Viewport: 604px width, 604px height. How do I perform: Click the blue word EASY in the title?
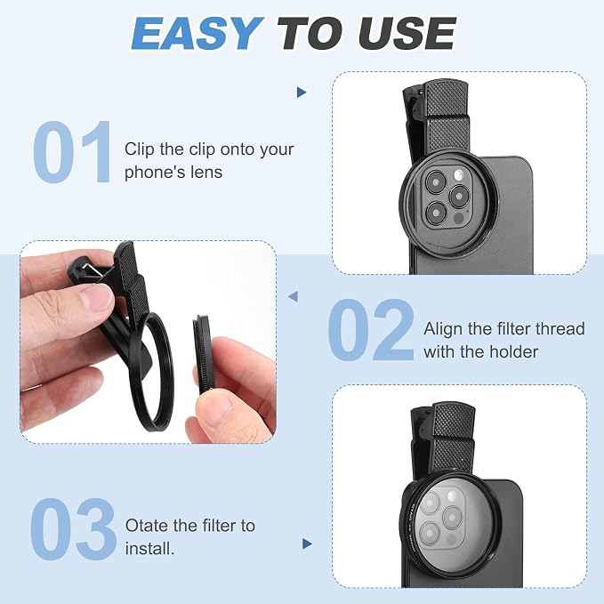point(197,33)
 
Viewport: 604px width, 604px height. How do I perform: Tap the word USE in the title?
point(407,33)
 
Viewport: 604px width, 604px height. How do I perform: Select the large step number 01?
point(72,152)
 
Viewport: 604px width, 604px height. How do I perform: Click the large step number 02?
point(371,330)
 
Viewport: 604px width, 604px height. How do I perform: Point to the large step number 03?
point(73,529)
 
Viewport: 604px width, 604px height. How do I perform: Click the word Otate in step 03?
point(147,526)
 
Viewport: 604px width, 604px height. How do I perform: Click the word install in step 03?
point(148,548)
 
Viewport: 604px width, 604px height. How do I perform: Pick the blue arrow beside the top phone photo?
point(302,93)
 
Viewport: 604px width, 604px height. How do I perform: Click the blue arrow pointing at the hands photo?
point(294,296)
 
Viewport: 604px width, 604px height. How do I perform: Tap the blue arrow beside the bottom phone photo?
point(307,544)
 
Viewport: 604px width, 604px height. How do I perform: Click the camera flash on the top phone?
point(458,175)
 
